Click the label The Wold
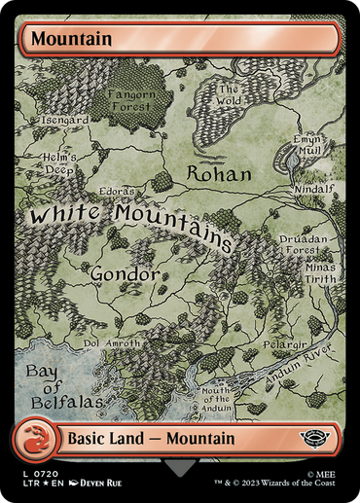[228, 94]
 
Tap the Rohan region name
[218, 174]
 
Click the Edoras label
[117, 193]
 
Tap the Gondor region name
[125, 274]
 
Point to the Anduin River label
[306, 368]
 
